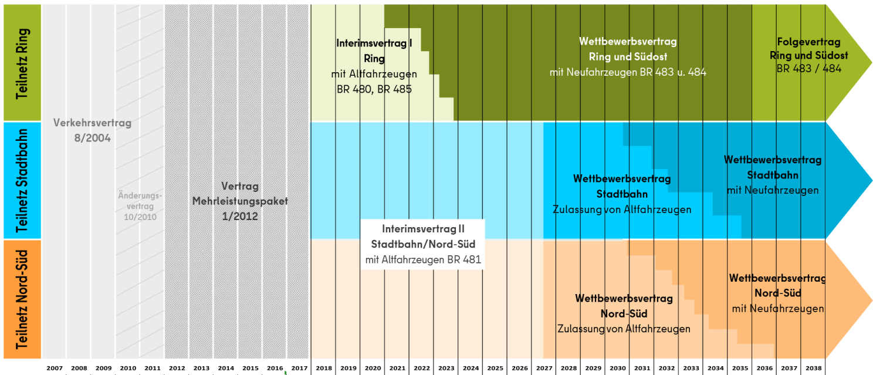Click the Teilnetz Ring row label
[22, 63]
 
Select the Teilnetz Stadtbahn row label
[22, 180]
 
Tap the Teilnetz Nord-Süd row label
[22, 299]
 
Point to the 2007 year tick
[55, 368]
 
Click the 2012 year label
[177, 368]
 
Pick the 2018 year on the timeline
[324, 368]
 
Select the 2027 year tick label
[544, 368]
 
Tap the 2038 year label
[813, 368]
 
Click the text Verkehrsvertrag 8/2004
[92, 131]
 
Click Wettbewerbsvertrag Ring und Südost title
[628, 49]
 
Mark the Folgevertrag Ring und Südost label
[808, 49]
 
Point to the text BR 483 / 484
[808, 69]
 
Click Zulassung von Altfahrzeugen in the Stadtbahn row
[622, 210]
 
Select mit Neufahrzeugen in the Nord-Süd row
[778, 309]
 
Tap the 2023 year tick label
[446, 368]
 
